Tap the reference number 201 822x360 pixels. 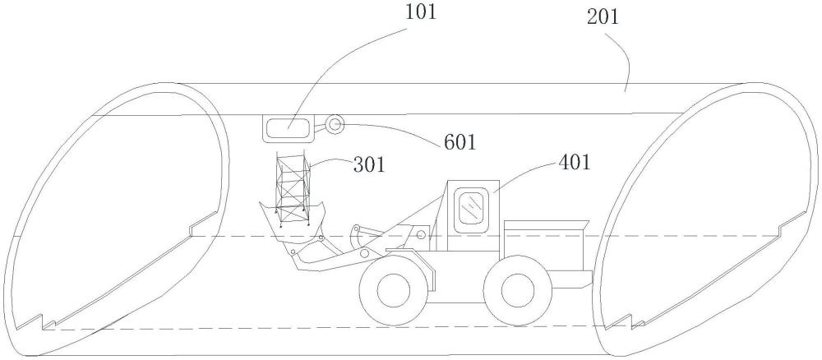(603, 17)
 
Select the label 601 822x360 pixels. (459, 142)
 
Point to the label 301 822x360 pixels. (368, 165)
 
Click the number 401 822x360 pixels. (575, 163)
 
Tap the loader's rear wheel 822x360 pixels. (517, 291)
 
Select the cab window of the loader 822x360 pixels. (473, 207)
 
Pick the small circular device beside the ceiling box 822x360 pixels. (335, 124)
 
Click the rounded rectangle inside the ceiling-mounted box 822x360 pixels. (289, 128)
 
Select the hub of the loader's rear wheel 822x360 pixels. (517, 291)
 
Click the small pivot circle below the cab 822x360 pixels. (421, 235)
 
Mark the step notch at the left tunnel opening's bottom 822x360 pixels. (41, 323)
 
